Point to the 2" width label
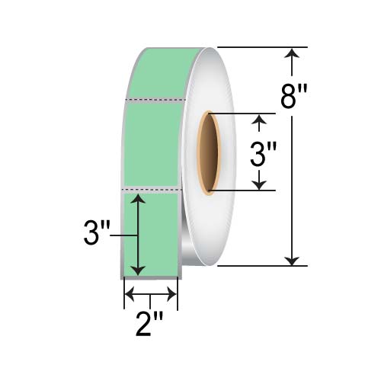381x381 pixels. [x=152, y=325]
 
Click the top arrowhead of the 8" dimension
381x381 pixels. [x=292, y=53]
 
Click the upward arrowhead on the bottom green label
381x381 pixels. [x=137, y=199]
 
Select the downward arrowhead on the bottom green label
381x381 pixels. [x=137, y=271]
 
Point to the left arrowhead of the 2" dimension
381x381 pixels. [x=129, y=294]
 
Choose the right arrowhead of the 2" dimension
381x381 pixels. [x=174, y=294]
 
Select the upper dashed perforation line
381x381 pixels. [x=157, y=99]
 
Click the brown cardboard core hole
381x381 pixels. [x=207, y=152]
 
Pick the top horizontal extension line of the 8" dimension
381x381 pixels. [x=259, y=47]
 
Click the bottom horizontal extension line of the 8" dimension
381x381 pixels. [x=259, y=266]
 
